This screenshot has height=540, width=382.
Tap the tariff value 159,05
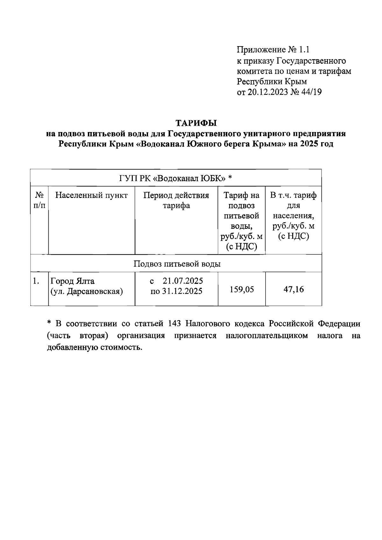point(242,290)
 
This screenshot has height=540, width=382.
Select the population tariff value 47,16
point(294,290)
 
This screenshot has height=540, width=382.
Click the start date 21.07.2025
point(183,281)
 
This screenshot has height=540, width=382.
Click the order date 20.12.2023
point(267,92)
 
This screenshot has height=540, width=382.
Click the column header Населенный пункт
point(91,195)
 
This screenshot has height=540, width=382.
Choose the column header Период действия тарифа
point(176,200)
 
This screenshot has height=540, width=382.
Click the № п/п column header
point(39,200)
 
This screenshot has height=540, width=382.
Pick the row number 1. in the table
point(36,281)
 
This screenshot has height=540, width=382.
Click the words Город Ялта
point(73,281)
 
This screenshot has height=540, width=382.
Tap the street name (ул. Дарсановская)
point(87,291)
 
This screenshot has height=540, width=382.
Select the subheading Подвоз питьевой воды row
point(177,264)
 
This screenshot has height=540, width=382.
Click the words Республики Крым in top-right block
point(272,82)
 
